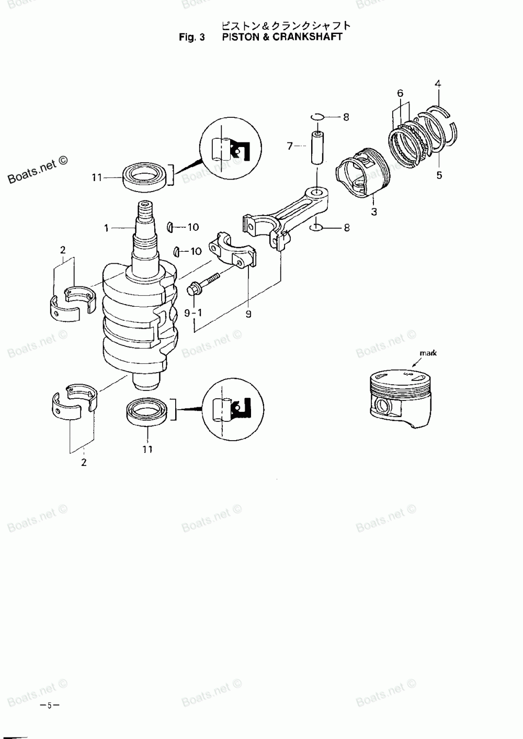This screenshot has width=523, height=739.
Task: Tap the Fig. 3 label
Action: coord(192,37)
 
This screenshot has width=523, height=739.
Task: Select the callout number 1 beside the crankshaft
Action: coord(106,228)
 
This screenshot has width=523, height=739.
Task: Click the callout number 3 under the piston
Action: coord(374,212)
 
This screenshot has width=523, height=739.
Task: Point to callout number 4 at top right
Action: coord(438,83)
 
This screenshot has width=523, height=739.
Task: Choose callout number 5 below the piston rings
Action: coord(439,175)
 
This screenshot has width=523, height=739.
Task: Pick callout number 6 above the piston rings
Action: coord(400,93)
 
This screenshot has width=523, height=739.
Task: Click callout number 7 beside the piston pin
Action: coord(290,146)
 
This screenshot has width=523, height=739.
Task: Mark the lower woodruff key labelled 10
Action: coord(177,252)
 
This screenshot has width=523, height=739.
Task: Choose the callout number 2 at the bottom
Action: coord(84,462)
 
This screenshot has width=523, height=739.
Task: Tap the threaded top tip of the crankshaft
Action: coord(145,208)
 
